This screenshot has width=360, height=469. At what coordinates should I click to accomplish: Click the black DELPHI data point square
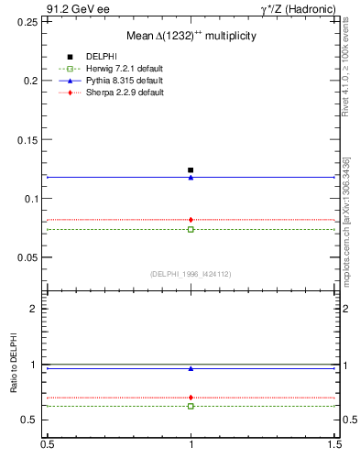click(191, 170)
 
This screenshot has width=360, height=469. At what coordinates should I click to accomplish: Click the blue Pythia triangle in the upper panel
click(191, 178)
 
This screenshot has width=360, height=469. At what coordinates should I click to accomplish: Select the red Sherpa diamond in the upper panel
click(191, 220)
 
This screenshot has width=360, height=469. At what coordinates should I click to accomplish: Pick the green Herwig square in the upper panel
click(191, 229)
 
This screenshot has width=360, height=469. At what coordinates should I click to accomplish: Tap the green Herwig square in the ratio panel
click(191, 406)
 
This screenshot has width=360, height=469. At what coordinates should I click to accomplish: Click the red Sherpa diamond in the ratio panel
click(191, 398)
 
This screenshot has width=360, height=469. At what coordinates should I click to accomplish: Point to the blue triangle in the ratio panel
click(191, 368)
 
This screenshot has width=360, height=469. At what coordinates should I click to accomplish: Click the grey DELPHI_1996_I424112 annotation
click(191, 273)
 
